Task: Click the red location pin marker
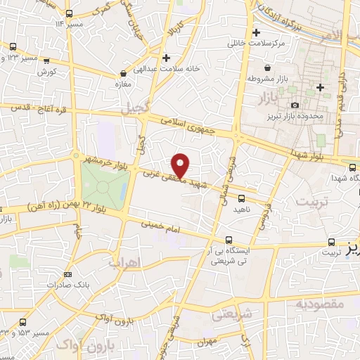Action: [181, 165]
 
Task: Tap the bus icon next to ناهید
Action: [241, 198]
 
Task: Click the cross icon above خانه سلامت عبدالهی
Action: [166, 58]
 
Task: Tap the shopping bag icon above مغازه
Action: [124, 72]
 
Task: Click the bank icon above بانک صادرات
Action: [67, 274]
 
